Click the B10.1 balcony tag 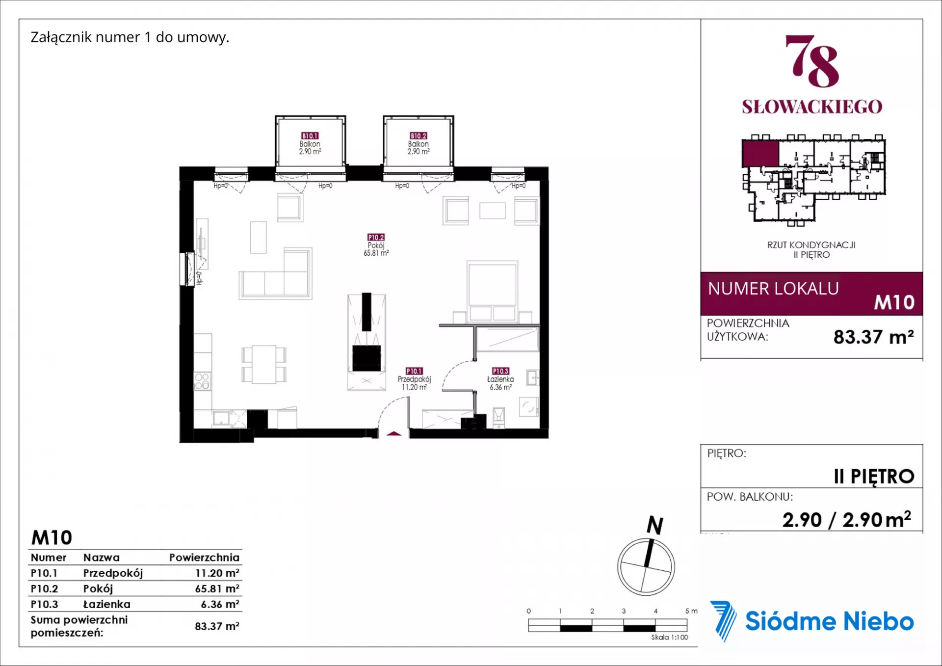pyautogui.click(x=310, y=135)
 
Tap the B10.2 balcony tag pyautogui.click(x=419, y=135)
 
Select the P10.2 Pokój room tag pyautogui.click(x=376, y=237)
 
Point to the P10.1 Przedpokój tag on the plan pyautogui.click(x=414, y=371)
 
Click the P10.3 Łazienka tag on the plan pyautogui.click(x=500, y=371)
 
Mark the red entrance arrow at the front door pyautogui.click(x=394, y=434)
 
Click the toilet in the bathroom pyautogui.click(x=498, y=417)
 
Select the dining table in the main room pyautogui.click(x=264, y=364)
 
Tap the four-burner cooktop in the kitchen pyautogui.click(x=202, y=381)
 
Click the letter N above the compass pyautogui.click(x=655, y=525)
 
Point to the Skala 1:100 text pyautogui.click(x=669, y=637)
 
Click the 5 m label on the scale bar pyautogui.click(x=691, y=611)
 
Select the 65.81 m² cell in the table pyautogui.click(x=217, y=588)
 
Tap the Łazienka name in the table pyautogui.click(x=107, y=604)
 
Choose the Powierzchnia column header pyautogui.click(x=204, y=558)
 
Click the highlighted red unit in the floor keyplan pyautogui.click(x=760, y=154)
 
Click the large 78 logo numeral pyautogui.click(x=812, y=61)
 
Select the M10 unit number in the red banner pyautogui.click(x=894, y=302)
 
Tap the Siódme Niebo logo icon pyautogui.click(x=723, y=621)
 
